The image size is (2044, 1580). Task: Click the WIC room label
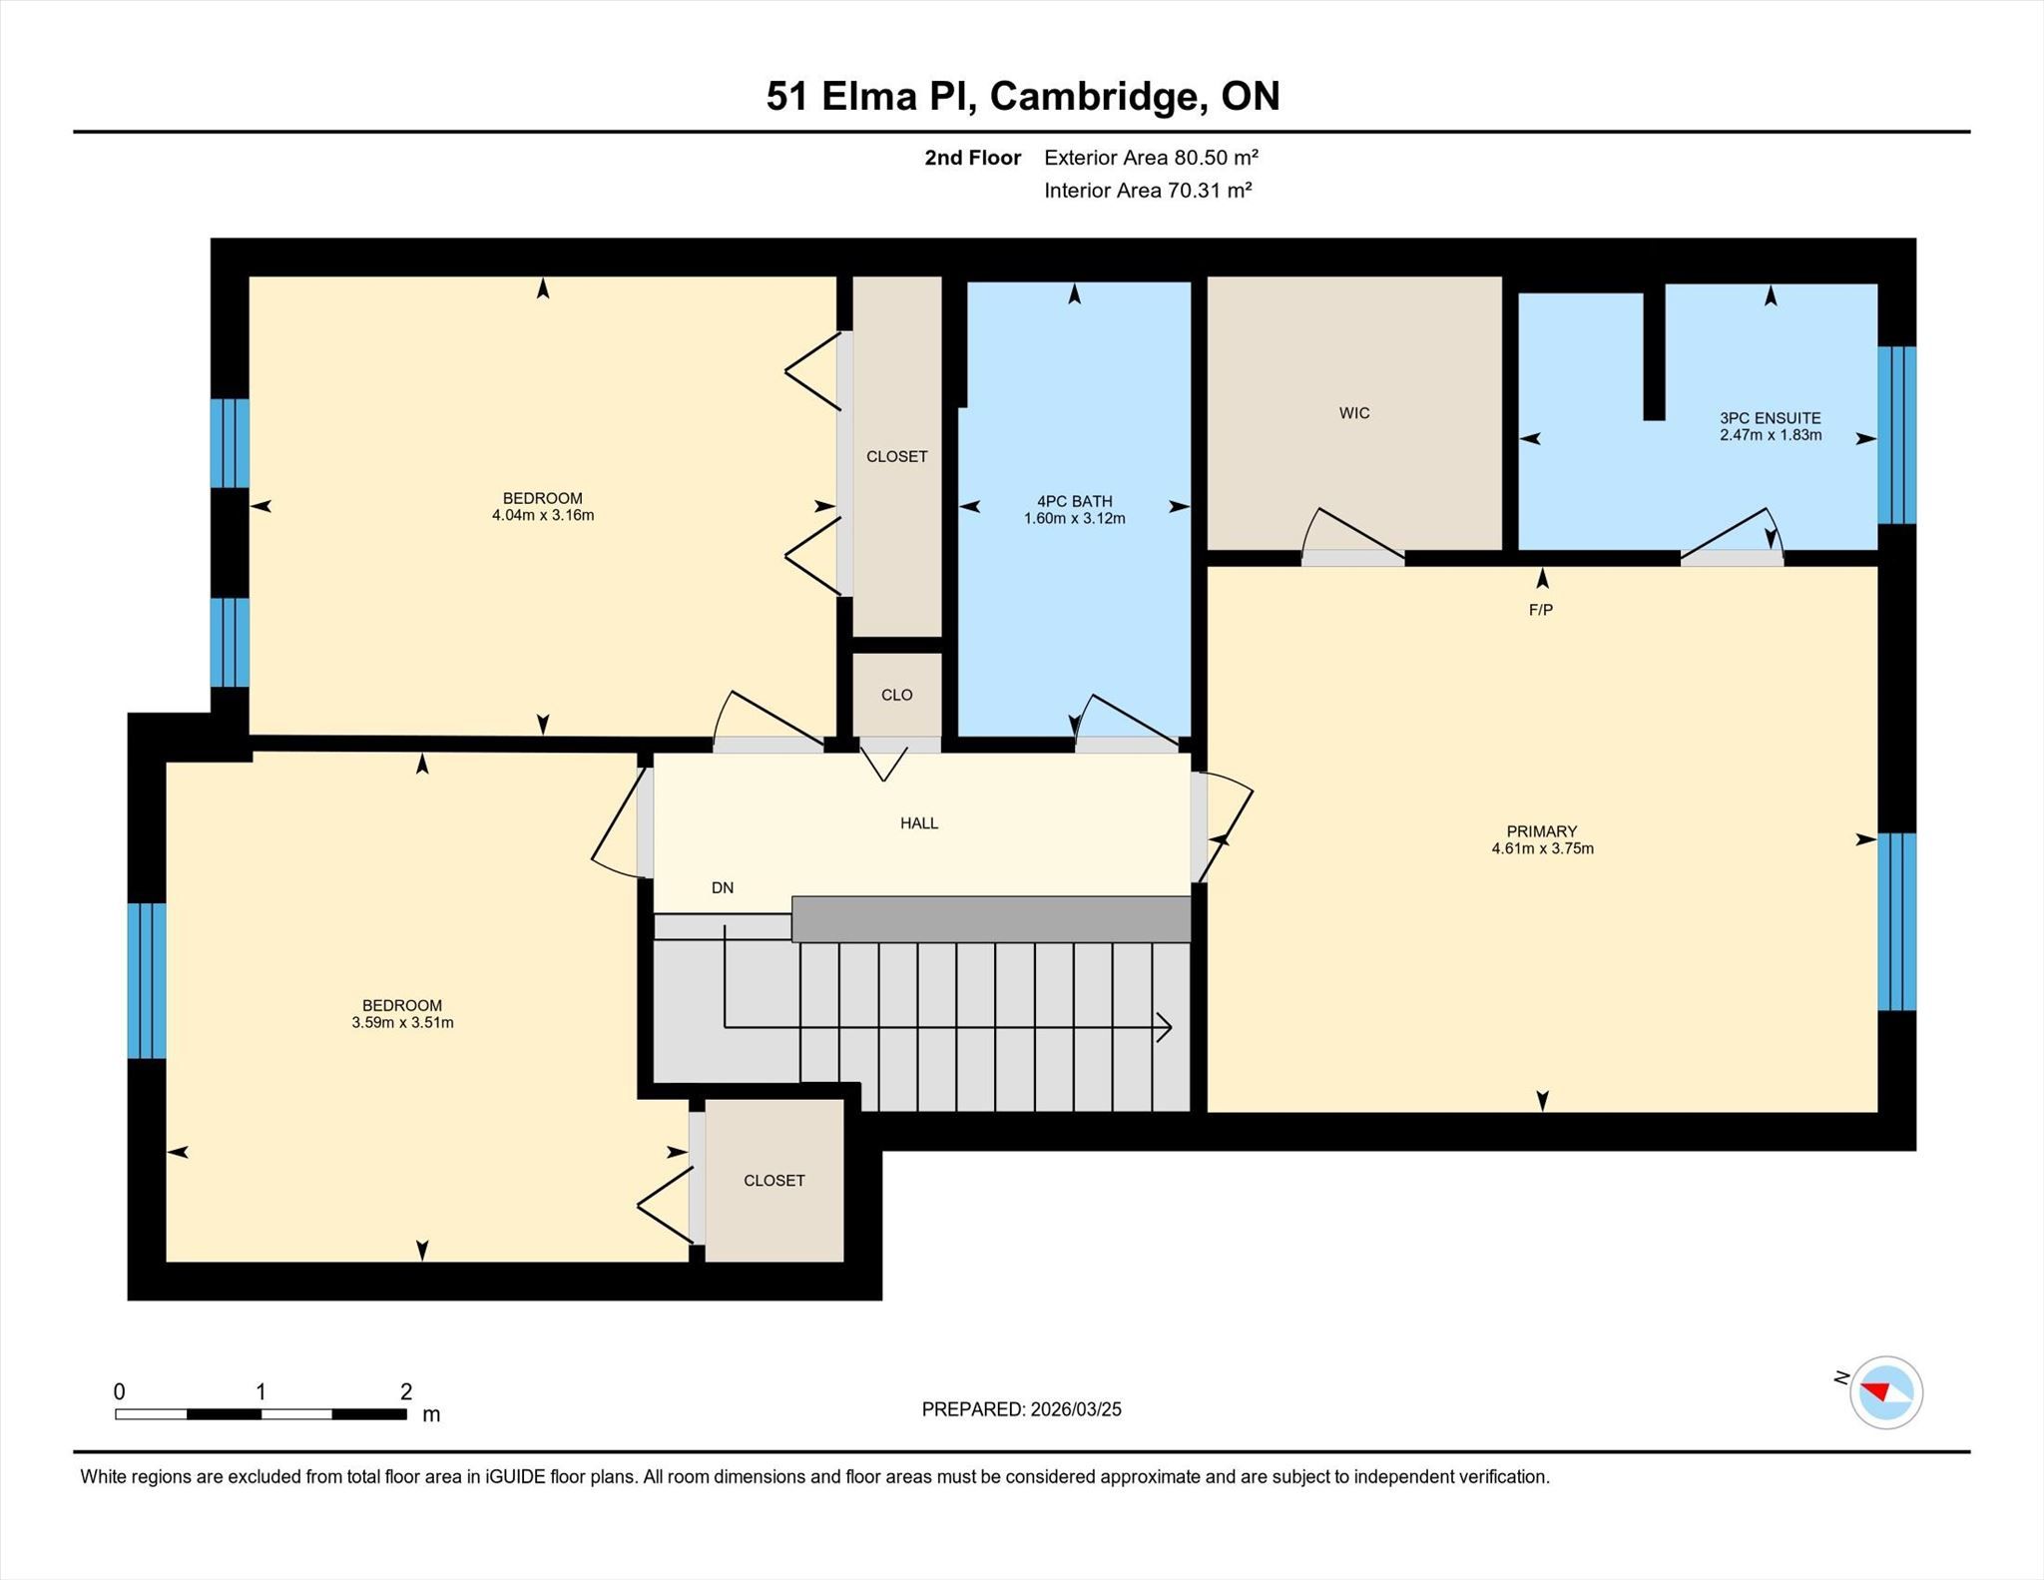[1354, 413]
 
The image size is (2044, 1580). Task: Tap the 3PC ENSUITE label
[1771, 418]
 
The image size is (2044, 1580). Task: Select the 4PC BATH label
[1074, 501]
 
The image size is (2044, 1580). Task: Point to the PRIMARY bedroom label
[1542, 831]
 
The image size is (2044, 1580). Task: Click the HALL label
[919, 823]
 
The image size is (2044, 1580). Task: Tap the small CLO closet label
[896, 695]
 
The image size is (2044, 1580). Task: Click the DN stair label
[723, 887]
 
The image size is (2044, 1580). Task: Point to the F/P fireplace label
[1541, 610]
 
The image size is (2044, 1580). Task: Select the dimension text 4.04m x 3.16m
[543, 515]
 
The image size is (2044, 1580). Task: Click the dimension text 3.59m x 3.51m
[402, 1022]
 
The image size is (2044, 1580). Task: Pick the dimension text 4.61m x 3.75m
[1542, 848]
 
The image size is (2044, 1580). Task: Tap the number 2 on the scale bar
[406, 1391]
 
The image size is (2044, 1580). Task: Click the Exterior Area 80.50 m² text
[1151, 157]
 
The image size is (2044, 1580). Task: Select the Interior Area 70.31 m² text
[1148, 190]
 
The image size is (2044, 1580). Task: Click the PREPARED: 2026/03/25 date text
[1021, 1409]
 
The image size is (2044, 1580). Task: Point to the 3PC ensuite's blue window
[1896, 435]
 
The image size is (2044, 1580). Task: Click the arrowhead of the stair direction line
[1165, 1027]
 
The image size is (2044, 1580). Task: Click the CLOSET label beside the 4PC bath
[896, 456]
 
